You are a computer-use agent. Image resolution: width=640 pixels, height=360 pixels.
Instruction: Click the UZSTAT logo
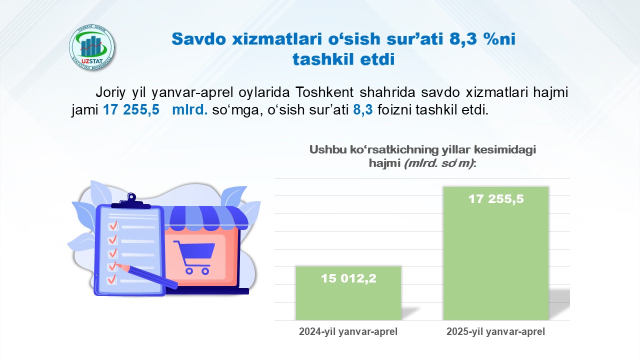tap(91, 47)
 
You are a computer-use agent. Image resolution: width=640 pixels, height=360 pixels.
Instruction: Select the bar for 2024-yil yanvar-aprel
tap(348, 293)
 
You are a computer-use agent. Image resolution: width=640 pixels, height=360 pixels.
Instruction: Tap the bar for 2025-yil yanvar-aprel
tap(496, 253)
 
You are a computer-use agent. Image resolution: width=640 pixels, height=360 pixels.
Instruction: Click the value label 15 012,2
tap(348, 278)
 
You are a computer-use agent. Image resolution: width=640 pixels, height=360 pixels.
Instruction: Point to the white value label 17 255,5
tap(496, 199)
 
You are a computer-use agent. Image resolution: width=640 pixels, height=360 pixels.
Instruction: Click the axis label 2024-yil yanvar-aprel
tap(348, 331)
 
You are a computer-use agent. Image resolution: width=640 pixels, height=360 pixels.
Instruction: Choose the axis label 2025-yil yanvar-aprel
tap(495, 331)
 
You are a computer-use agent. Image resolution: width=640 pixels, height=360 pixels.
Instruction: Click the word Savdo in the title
tap(199, 38)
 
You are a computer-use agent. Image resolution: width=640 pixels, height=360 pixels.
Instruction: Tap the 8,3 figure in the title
tap(463, 39)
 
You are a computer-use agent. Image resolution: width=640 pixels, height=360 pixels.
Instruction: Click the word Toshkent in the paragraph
tap(324, 92)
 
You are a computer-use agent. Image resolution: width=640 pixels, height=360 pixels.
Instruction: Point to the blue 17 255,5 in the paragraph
tap(131, 109)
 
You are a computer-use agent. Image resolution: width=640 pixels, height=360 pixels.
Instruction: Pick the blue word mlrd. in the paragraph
tap(189, 109)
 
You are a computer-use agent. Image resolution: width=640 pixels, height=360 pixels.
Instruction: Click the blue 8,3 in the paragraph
tap(363, 109)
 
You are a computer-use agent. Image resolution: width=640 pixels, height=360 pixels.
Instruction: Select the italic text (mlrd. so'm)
tap(439, 163)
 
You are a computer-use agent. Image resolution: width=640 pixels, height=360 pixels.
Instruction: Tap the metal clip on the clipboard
tap(131, 200)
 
